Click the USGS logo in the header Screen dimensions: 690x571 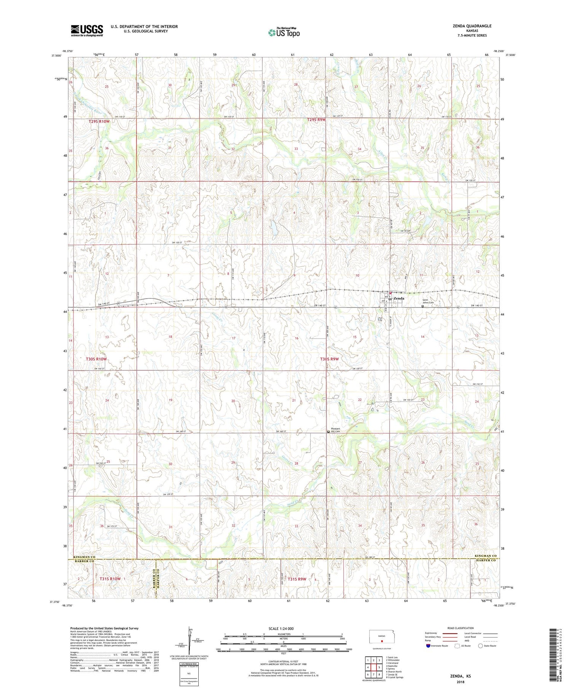[87, 30]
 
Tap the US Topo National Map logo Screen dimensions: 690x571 [284, 32]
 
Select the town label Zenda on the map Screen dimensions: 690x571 [399, 298]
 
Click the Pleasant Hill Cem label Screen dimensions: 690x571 [335, 430]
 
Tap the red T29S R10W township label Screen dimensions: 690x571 [99, 121]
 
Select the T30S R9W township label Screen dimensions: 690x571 [329, 359]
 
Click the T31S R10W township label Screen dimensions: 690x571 [110, 579]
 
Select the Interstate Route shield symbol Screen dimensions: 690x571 [428, 646]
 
